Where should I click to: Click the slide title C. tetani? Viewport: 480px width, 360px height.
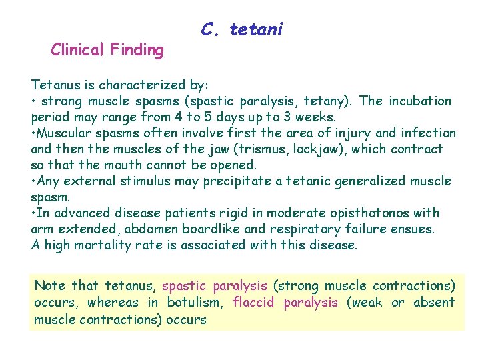point(241,29)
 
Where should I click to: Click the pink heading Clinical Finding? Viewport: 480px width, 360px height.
point(107,50)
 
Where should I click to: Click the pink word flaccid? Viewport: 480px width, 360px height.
point(254,303)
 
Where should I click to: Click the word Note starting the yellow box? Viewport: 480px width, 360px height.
point(50,286)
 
